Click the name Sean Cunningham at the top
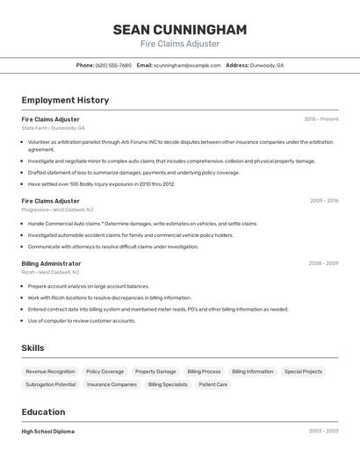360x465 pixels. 179,30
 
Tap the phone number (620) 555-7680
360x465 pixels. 113,65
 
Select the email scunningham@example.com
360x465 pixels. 187,65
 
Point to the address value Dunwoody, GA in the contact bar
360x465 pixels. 267,65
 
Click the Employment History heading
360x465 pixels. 65,100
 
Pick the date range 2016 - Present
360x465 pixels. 321,118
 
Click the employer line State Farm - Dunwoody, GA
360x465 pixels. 53,128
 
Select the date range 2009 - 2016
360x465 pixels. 323,201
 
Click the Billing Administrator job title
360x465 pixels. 51,263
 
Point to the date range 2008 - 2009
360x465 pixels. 323,263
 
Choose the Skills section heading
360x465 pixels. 32,348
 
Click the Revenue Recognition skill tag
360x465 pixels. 50,371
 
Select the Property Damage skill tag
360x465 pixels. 155,371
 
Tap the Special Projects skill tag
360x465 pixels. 303,371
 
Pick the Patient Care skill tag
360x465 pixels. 213,384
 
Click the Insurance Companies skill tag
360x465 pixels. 112,384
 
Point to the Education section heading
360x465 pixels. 43,412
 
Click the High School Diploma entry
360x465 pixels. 47,432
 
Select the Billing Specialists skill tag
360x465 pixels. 168,384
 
